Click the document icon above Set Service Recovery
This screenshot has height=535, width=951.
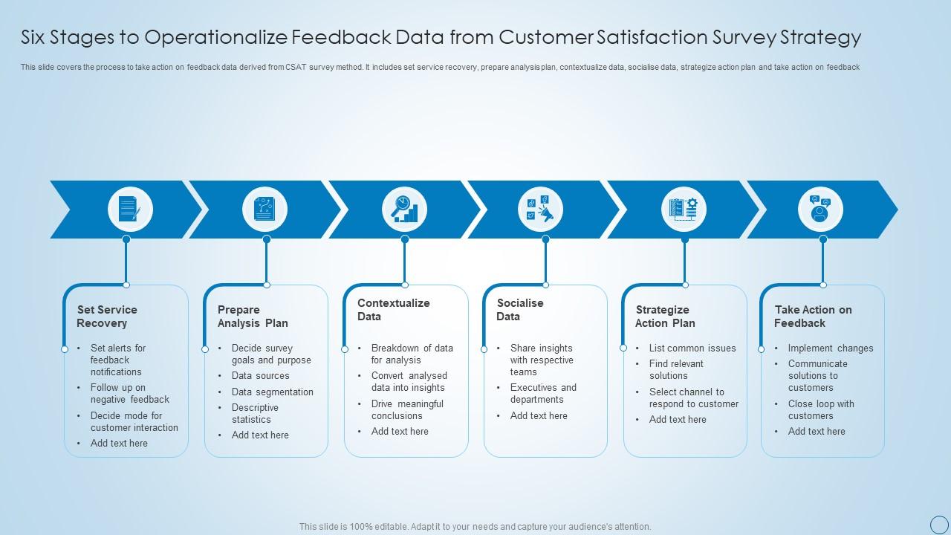(x=130, y=209)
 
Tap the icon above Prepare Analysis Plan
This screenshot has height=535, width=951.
(x=264, y=209)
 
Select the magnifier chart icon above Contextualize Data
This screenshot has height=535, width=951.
(x=404, y=209)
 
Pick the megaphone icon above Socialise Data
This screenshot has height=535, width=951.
(x=540, y=209)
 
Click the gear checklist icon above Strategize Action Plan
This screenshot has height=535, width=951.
(x=684, y=209)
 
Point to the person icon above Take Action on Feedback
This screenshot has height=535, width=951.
(x=820, y=209)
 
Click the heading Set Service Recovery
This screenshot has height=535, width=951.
(x=107, y=317)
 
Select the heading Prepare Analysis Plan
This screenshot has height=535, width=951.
(x=253, y=317)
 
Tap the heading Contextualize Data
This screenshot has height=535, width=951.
(x=393, y=310)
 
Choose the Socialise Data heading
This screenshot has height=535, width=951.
(x=520, y=310)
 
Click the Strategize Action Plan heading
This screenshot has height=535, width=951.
(x=665, y=317)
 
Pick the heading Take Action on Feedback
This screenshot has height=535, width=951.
(x=813, y=317)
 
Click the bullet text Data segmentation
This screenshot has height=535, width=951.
(x=272, y=392)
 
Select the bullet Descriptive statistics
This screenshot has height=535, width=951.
(x=255, y=413)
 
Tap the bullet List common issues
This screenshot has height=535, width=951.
(x=692, y=348)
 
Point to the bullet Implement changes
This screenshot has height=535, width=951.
(x=831, y=348)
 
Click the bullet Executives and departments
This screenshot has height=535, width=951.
(x=543, y=393)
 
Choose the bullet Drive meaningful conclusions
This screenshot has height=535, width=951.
(x=407, y=409)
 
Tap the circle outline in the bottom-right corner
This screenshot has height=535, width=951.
(x=939, y=524)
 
